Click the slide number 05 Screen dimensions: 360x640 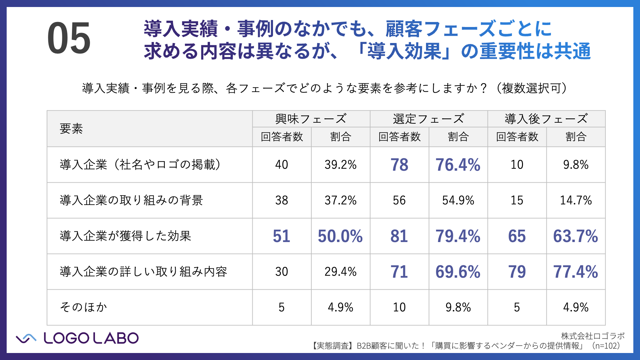pyautogui.click(x=69, y=38)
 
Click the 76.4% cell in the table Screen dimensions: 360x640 pyautogui.click(x=458, y=165)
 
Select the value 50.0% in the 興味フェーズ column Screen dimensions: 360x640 pyautogui.click(x=340, y=236)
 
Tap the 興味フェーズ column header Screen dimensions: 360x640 pyautogui.click(x=311, y=119)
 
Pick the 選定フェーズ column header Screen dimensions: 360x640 pyautogui.click(x=428, y=119)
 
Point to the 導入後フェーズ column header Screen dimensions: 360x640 pyautogui.click(x=546, y=119)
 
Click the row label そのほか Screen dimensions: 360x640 pyautogui.click(x=83, y=307)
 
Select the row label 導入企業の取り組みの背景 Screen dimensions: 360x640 pyautogui.click(x=131, y=200)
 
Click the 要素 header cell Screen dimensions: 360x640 pyautogui.click(x=71, y=129)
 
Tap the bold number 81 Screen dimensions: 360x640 pyautogui.click(x=399, y=236)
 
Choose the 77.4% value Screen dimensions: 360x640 pyautogui.click(x=575, y=272)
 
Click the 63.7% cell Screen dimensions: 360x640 pyautogui.click(x=575, y=236)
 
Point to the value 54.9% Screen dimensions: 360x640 pyautogui.click(x=458, y=200)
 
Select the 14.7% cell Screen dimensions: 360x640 pyautogui.click(x=576, y=200)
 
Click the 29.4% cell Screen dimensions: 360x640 pyautogui.click(x=340, y=272)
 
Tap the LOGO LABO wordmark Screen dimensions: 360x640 pyautogui.click(x=91, y=338)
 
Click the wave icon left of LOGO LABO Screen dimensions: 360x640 pyautogui.click(x=26, y=338)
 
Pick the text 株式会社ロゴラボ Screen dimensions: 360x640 pyautogui.click(x=593, y=336)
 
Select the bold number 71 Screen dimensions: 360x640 pyautogui.click(x=399, y=272)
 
